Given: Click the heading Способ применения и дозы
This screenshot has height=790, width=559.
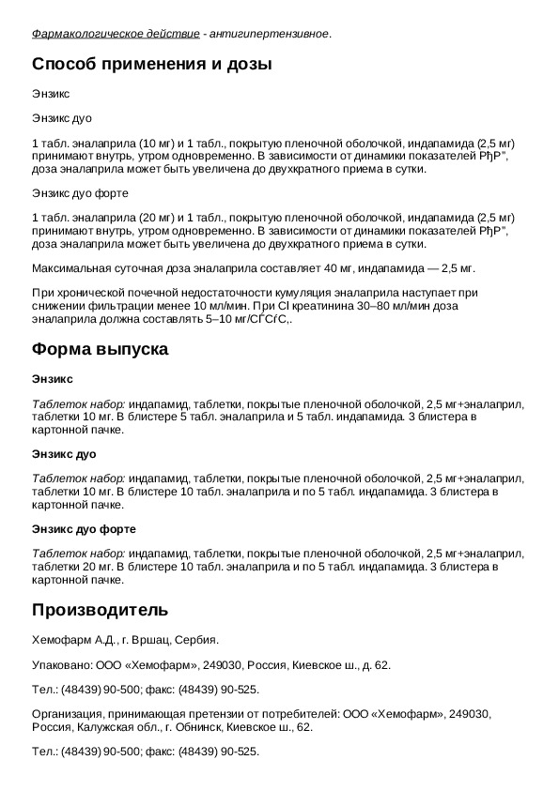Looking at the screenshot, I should point(152,66).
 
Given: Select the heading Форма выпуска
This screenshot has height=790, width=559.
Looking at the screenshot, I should point(101,350).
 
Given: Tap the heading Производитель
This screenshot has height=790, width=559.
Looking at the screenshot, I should point(101,610).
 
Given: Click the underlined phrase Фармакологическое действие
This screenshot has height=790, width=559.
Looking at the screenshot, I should point(115,34).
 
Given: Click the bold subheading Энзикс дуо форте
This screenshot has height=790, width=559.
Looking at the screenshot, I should point(85,529).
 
